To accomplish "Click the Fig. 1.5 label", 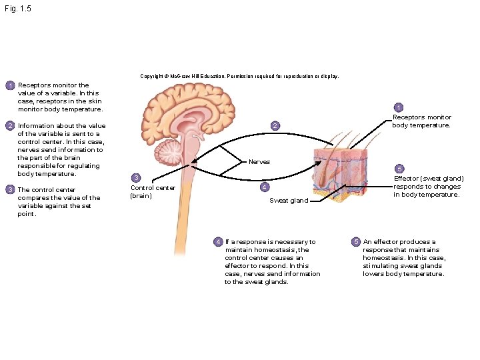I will pyautogui.click(x=17, y=9).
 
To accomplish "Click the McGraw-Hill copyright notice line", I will pyautogui.click(x=239, y=77).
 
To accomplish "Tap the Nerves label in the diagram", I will pyautogui.click(x=259, y=162).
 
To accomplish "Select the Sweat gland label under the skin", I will pyautogui.click(x=288, y=201).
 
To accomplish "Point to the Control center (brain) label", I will pyautogui.click(x=152, y=192).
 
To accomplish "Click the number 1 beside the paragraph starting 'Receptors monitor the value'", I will pyautogui.click(x=10, y=86).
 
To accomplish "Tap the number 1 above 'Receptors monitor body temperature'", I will pyautogui.click(x=398, y=108).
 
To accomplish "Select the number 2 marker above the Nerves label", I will pyautogui.click(x=274, y=126).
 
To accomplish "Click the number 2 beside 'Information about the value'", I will pyautogui.click(x=10, y=126).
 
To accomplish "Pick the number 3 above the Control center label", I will pyautogui.click(x=135, y=178).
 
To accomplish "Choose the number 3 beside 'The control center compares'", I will pyautogui.click(x=10, y=190).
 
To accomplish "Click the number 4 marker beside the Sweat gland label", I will pyautogui.click(x=264, y=187).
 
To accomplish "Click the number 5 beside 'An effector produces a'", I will pyautogui.click(x=356, y=241).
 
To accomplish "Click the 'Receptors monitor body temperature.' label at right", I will pyautogui.click(x=421, y=121).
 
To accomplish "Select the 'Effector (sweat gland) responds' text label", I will pyautogui.click(x=428, y=187).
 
